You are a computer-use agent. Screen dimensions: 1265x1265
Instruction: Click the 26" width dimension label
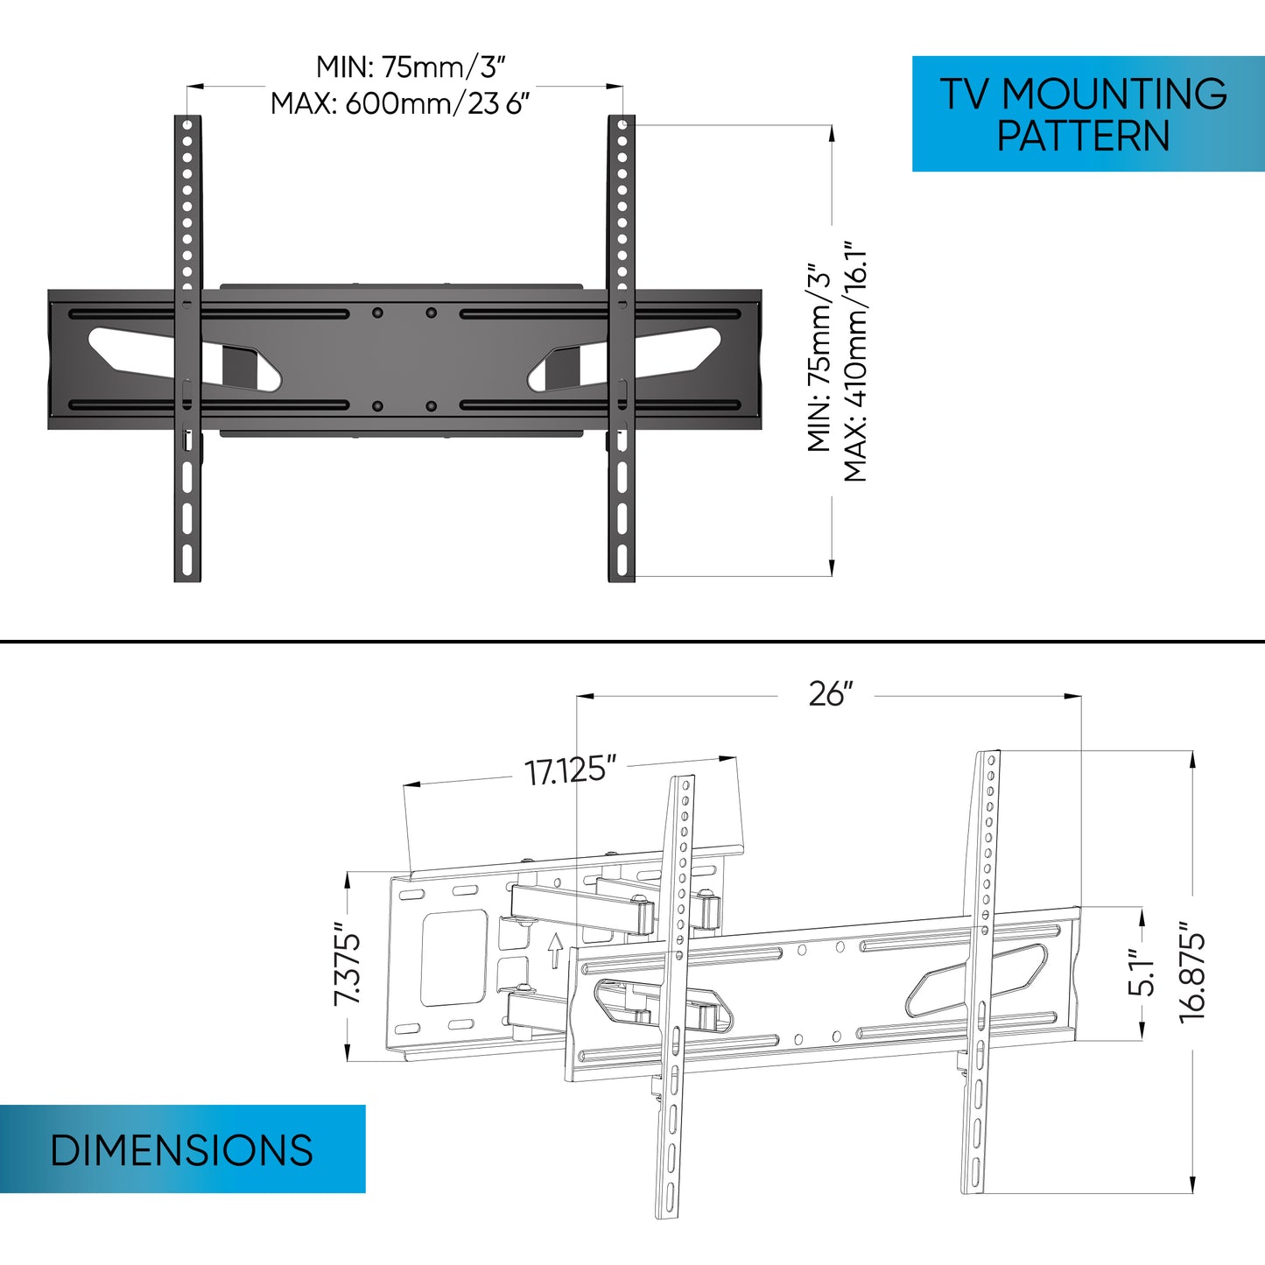(x=829, y=694)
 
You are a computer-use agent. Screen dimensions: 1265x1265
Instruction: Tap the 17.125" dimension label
(x=570, y=771)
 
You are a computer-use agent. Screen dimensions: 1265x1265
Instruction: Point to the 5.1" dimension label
(x=1142, y=973)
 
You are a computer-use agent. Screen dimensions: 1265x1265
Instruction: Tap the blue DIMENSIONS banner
(x=182, y=1149)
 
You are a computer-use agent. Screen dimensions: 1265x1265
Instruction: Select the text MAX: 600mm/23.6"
(x=400, y=103)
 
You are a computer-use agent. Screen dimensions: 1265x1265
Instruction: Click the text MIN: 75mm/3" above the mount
(x=411, y=67)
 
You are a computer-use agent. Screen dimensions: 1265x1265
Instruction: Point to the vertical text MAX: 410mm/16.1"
(x=855, y=361)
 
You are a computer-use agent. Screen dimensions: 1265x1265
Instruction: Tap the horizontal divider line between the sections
(x=632, y=642)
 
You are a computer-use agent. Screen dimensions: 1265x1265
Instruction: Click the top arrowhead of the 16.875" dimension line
(x=1192, y=758)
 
